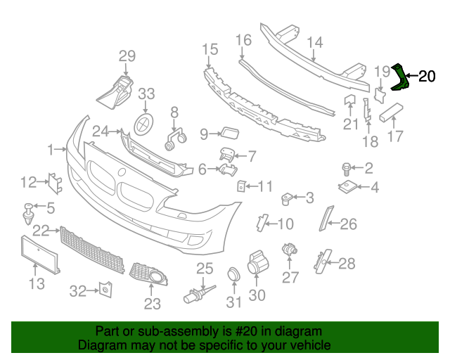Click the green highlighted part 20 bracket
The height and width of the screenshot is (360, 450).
coord(400,77)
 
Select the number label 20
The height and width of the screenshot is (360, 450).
coord(427,77)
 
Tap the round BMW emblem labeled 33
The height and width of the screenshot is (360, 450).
coord(145,124)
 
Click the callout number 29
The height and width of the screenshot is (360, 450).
coord(127,56)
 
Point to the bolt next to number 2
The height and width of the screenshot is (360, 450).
coord(347,167)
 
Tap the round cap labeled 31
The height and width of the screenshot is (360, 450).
coord(233,275)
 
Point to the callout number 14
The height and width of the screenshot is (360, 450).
coord(314,42)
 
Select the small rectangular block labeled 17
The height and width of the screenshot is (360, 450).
coord(390,112)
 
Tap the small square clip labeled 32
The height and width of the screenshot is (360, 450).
coord(104,288)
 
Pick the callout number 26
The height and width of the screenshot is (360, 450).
coord(349,224)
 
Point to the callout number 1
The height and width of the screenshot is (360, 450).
coord(51,149)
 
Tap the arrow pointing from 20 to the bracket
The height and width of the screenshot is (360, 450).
coord(413,77)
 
